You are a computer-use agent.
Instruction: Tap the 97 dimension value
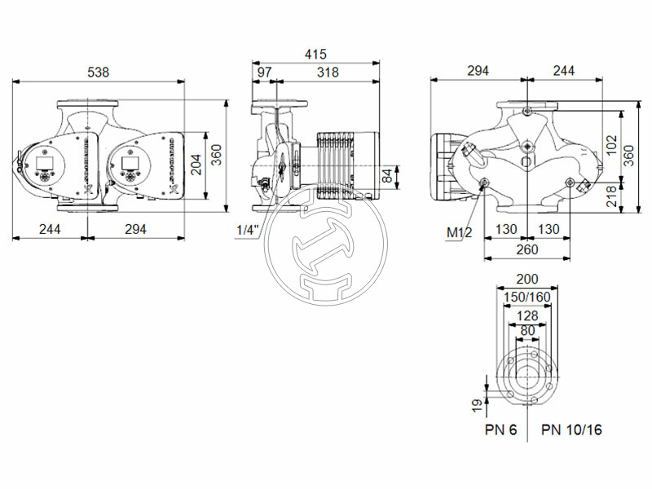pyautogui.click(x=264, y=72)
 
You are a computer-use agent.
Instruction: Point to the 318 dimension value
pyautogui.click(x=328, y=72)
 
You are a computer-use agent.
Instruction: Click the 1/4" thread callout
pyautogui.click(x=247, y=230)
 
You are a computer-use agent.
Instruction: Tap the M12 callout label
pyautogui.click(x=458, y=233)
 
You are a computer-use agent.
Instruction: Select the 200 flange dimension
pyautogui.click(x=528, y=279)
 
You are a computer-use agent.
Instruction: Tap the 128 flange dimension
pyautogui.click(x=528, y=315)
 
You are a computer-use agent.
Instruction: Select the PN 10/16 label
pyautogui.click(x=571, y=430)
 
